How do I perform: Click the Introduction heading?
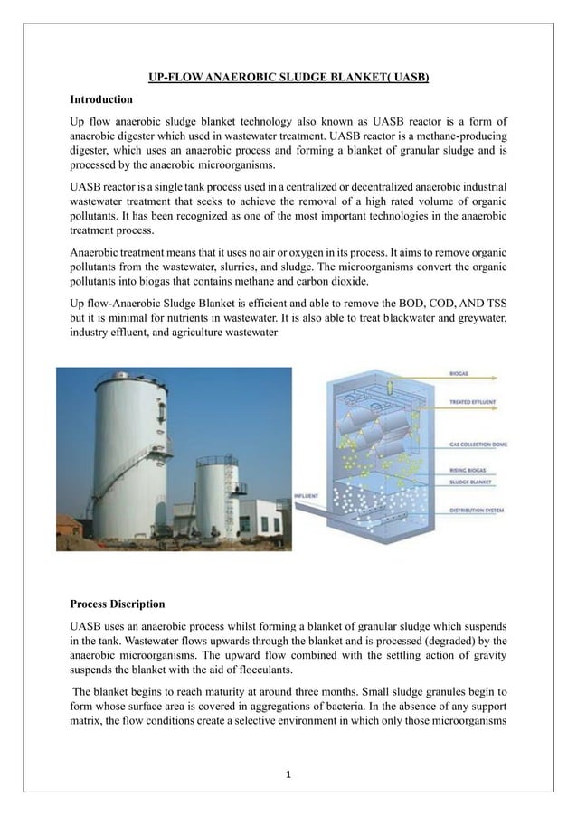102,98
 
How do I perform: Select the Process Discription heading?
118,603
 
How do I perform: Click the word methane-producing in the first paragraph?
460,136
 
